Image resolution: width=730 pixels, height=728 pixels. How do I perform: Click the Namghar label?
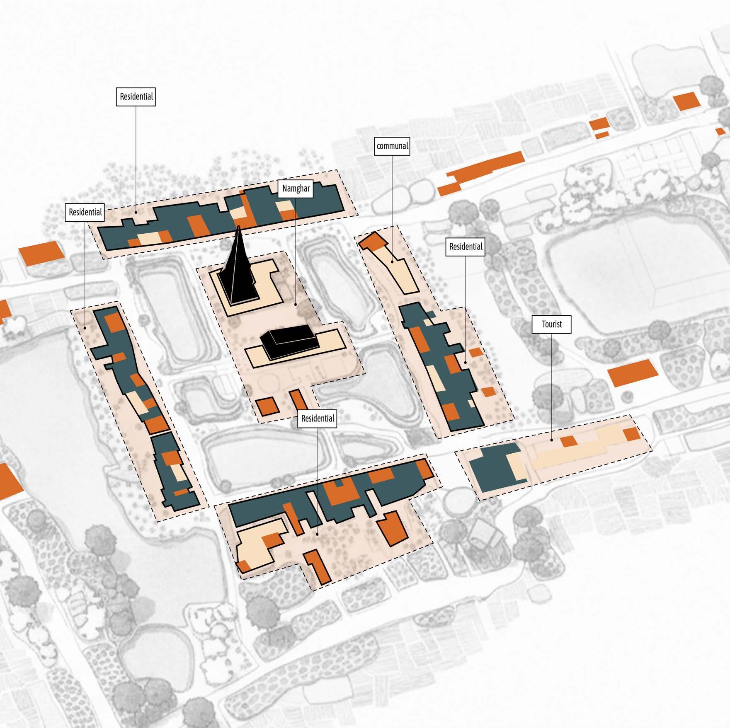[x=296, y=189]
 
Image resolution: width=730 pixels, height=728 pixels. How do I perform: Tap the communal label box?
[x=392, y=146]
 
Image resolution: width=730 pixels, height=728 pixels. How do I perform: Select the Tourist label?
[x=552, y=324]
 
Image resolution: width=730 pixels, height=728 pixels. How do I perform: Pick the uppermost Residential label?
[x=136, y=97]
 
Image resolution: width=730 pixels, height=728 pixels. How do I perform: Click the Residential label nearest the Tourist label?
[x=466, y=247]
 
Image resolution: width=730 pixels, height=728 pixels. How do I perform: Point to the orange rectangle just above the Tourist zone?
[x=633, y=372]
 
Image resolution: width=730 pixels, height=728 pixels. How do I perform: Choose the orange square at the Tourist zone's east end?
[x=632, y=434]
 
